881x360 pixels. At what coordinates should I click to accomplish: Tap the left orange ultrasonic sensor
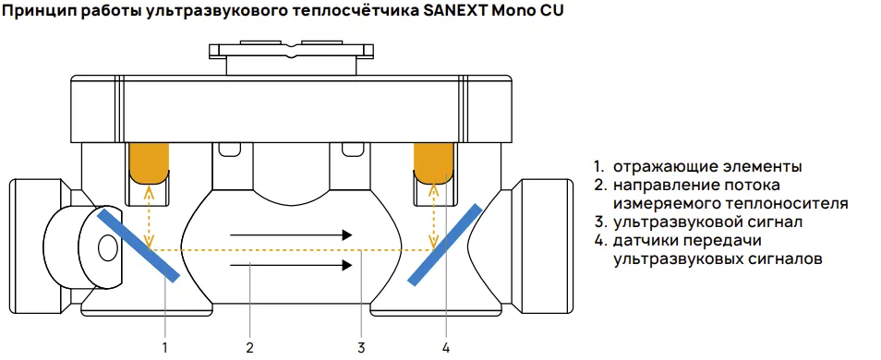point(149,161)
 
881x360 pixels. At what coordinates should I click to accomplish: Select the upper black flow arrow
point(291,235)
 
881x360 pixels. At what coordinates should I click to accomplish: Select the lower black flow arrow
point(291,266)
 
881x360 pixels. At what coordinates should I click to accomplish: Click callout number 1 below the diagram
point(164,347)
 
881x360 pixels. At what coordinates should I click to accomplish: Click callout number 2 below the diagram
point(249,347)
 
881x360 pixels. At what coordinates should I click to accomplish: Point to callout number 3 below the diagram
point(361,347)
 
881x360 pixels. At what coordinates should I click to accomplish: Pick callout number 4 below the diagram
point(446,347)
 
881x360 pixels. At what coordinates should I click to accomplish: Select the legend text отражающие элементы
point(706,167)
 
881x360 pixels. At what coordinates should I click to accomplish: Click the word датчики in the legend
point(650,242)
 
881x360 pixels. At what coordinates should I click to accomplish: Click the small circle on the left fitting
point(106,246)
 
